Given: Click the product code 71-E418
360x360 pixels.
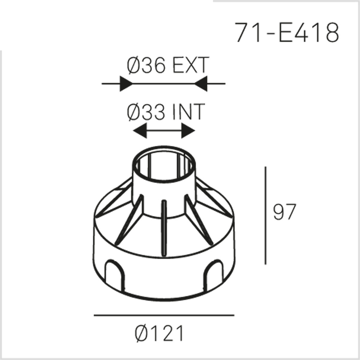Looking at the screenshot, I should pos(287,33).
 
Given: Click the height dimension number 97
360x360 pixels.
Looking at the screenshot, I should pos(284,212).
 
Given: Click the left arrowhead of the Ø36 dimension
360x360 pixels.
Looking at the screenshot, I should pos(126,83).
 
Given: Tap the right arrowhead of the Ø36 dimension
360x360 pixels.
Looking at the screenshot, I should pos(201,83).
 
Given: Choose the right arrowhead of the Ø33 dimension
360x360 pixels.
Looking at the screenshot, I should pos(188,131).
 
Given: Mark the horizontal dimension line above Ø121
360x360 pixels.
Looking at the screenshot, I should pos(164,315).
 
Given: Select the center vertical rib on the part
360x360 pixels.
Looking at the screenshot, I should pos(164,228).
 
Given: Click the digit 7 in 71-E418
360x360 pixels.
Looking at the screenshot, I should pos(242,33).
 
